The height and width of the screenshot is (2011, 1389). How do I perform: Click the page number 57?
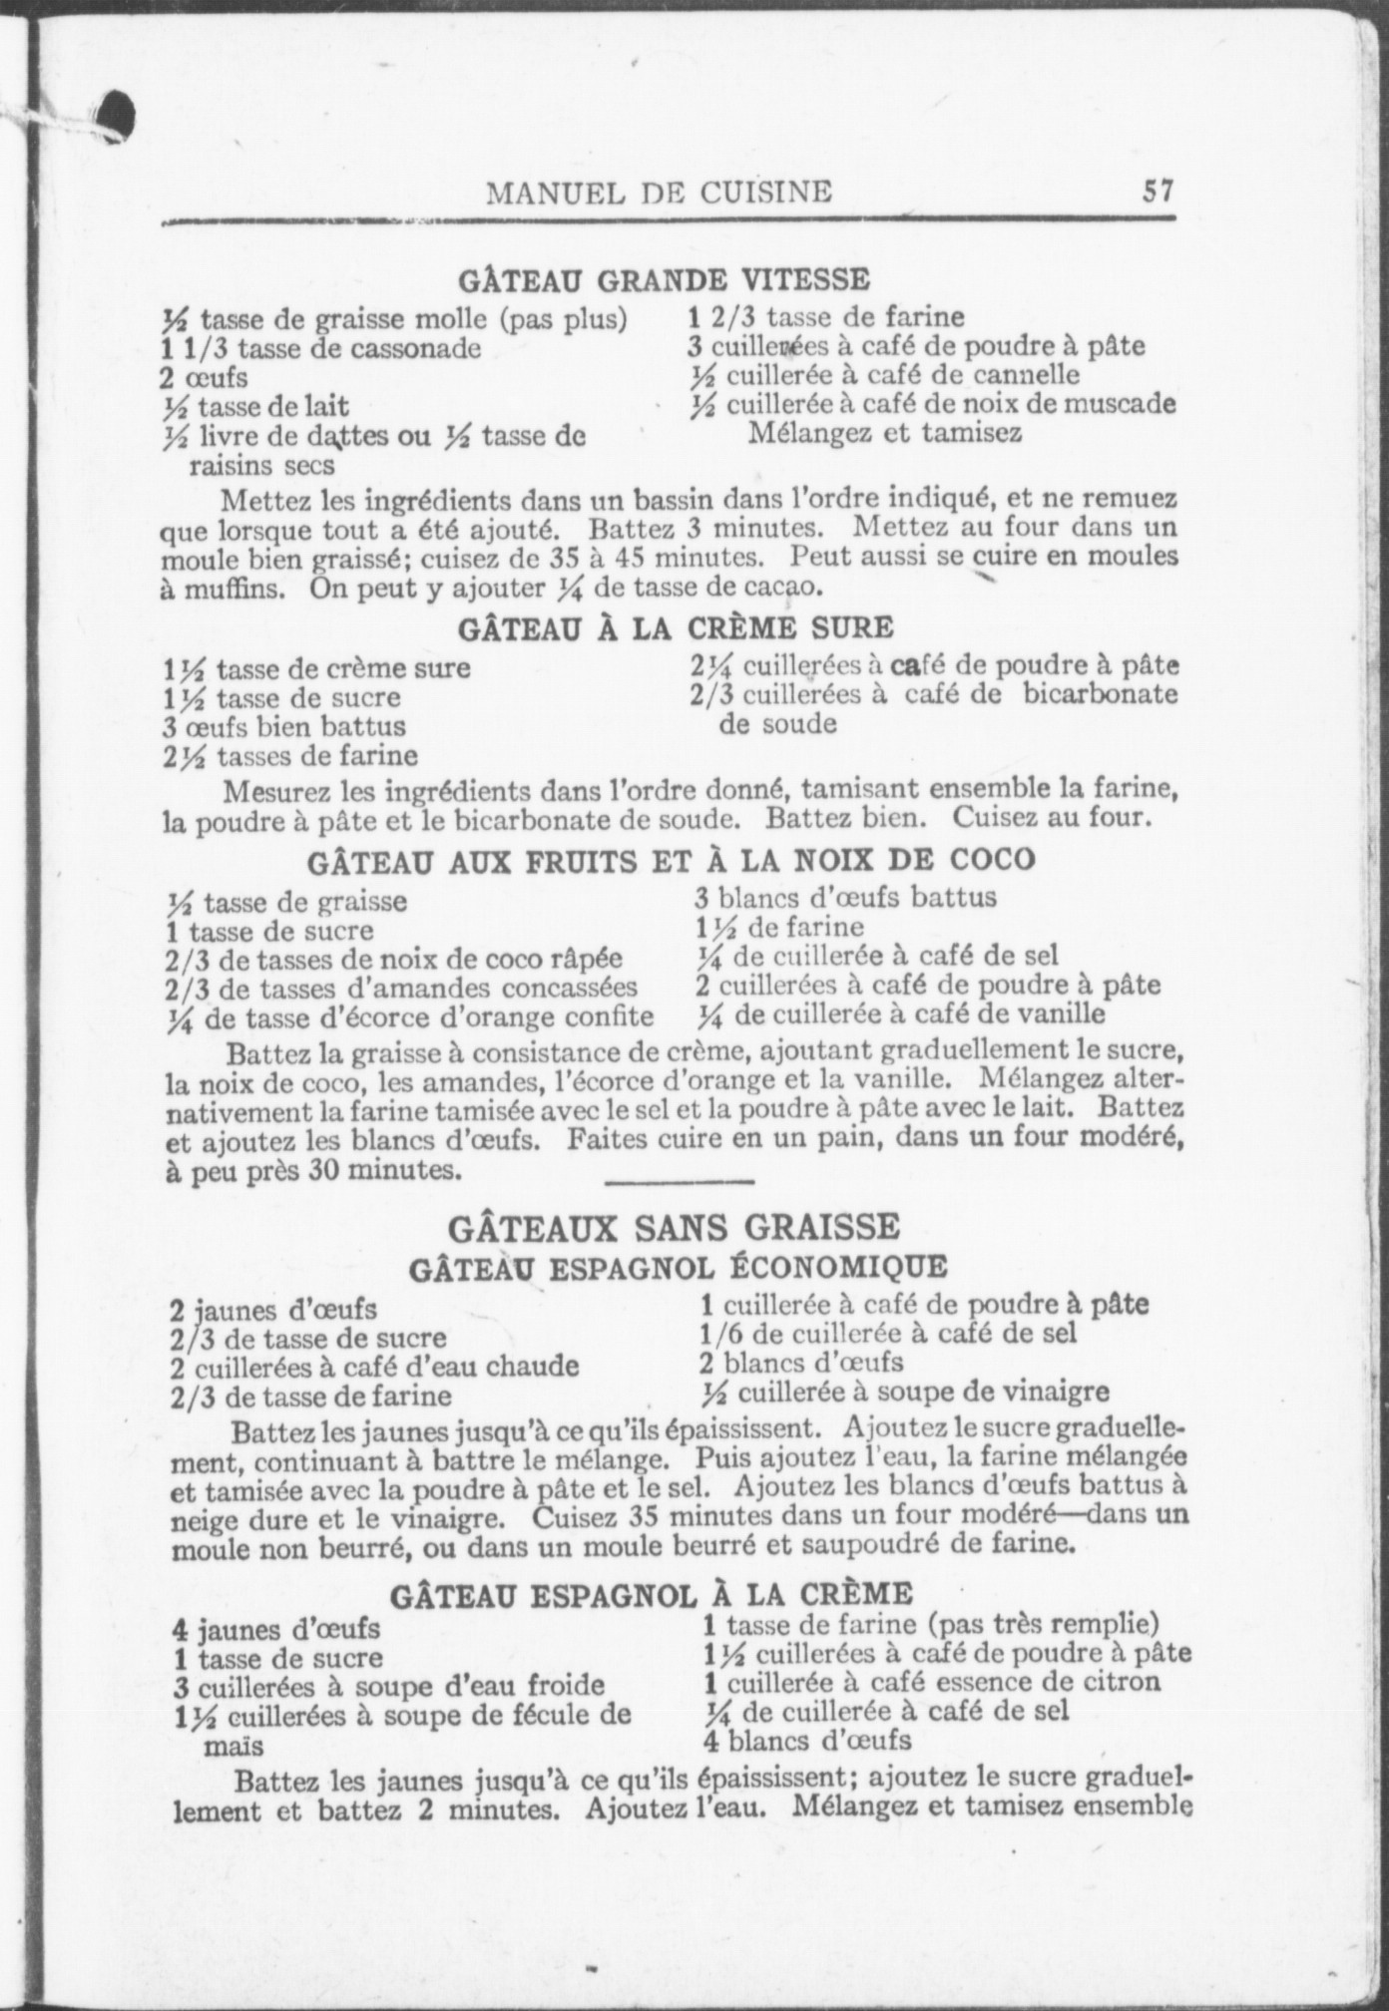[x=1158, y=190]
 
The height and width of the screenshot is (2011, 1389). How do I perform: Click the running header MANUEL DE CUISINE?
[x=659, y=192]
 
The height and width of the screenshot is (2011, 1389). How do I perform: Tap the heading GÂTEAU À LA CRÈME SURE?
[x=676, y=628]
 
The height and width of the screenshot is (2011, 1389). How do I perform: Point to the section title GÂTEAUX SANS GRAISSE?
[x=675, y=1225]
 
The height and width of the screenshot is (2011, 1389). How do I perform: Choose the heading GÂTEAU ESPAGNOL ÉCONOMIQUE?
[x=679, y=1268]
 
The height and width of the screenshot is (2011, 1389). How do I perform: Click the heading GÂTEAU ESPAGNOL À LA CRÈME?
[x=651, y=1594]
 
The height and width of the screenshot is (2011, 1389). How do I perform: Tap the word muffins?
[x=237, y=589]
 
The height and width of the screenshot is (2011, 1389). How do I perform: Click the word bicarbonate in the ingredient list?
[x=1101, y=693]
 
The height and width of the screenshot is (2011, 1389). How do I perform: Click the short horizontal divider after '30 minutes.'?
[x=679, y=1183]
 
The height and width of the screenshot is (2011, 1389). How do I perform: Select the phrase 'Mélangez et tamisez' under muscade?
[x=884, y=434]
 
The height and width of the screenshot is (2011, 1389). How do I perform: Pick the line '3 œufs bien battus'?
[x=285, y=726]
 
